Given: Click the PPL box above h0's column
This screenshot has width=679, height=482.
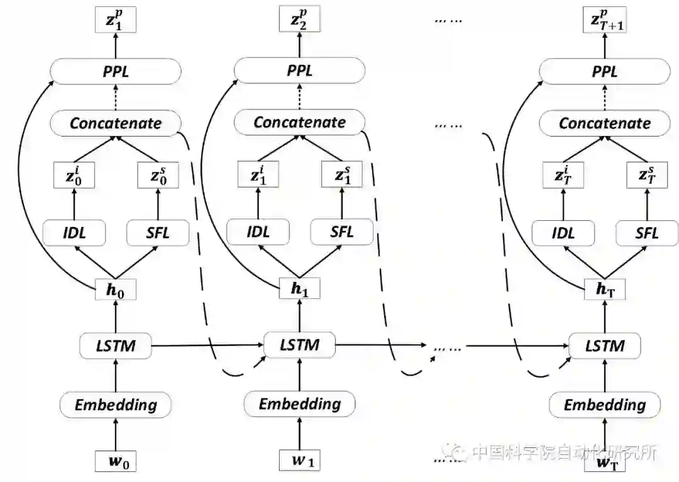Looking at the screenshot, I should (116, 71).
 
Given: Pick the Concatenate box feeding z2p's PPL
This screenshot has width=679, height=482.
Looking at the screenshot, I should (300, 122).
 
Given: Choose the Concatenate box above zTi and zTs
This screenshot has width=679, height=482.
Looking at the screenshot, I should (605, 122).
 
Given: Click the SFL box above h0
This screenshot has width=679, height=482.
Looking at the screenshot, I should (157, 233).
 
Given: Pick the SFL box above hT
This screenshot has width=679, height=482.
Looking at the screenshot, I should (646, 233).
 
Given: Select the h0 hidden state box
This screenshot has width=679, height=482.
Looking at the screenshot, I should (116, 290).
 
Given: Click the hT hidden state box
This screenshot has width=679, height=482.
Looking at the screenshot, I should (605, 290).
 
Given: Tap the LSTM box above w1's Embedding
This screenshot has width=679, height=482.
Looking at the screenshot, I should (300, 345).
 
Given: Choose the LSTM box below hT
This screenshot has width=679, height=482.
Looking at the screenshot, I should (605, 345).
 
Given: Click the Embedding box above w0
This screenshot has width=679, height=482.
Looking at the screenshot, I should (116, 405).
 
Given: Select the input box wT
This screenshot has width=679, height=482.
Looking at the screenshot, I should (605, 464).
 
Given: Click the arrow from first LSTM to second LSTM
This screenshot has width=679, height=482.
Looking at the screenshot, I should (207, 345).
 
